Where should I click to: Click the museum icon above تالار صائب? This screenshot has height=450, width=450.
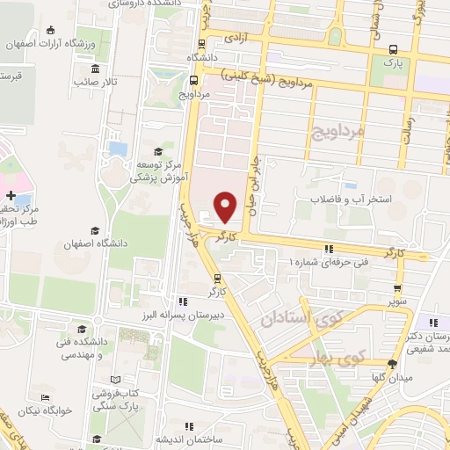pyautogui.click(x=94, y=69)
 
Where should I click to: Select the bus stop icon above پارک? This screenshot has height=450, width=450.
pyautogui.click(x=393, y=50)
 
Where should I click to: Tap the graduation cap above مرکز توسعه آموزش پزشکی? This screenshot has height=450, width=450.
pyautogui.click(x=157, y=151)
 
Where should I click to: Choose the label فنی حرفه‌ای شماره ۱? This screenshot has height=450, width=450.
pyautogui.click(x=333, y=262)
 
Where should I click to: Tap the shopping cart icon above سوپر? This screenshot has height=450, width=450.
pyautogui.click(x=399, y=287)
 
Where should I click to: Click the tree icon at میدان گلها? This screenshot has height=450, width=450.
pyautogui.click(x=391, y=364)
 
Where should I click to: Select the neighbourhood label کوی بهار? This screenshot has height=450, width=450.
pyautogui.click(x=339, y=357)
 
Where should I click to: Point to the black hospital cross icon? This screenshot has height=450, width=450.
pyautogui.click(x=10, y=194)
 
